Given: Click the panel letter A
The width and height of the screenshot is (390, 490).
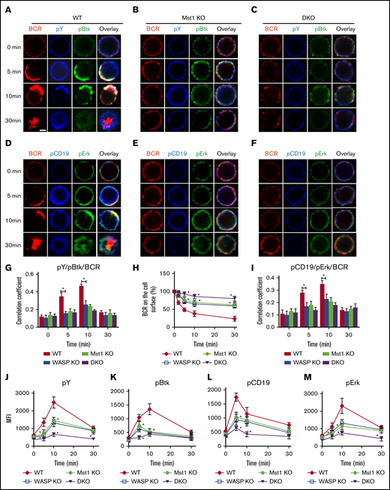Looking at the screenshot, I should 6,7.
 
